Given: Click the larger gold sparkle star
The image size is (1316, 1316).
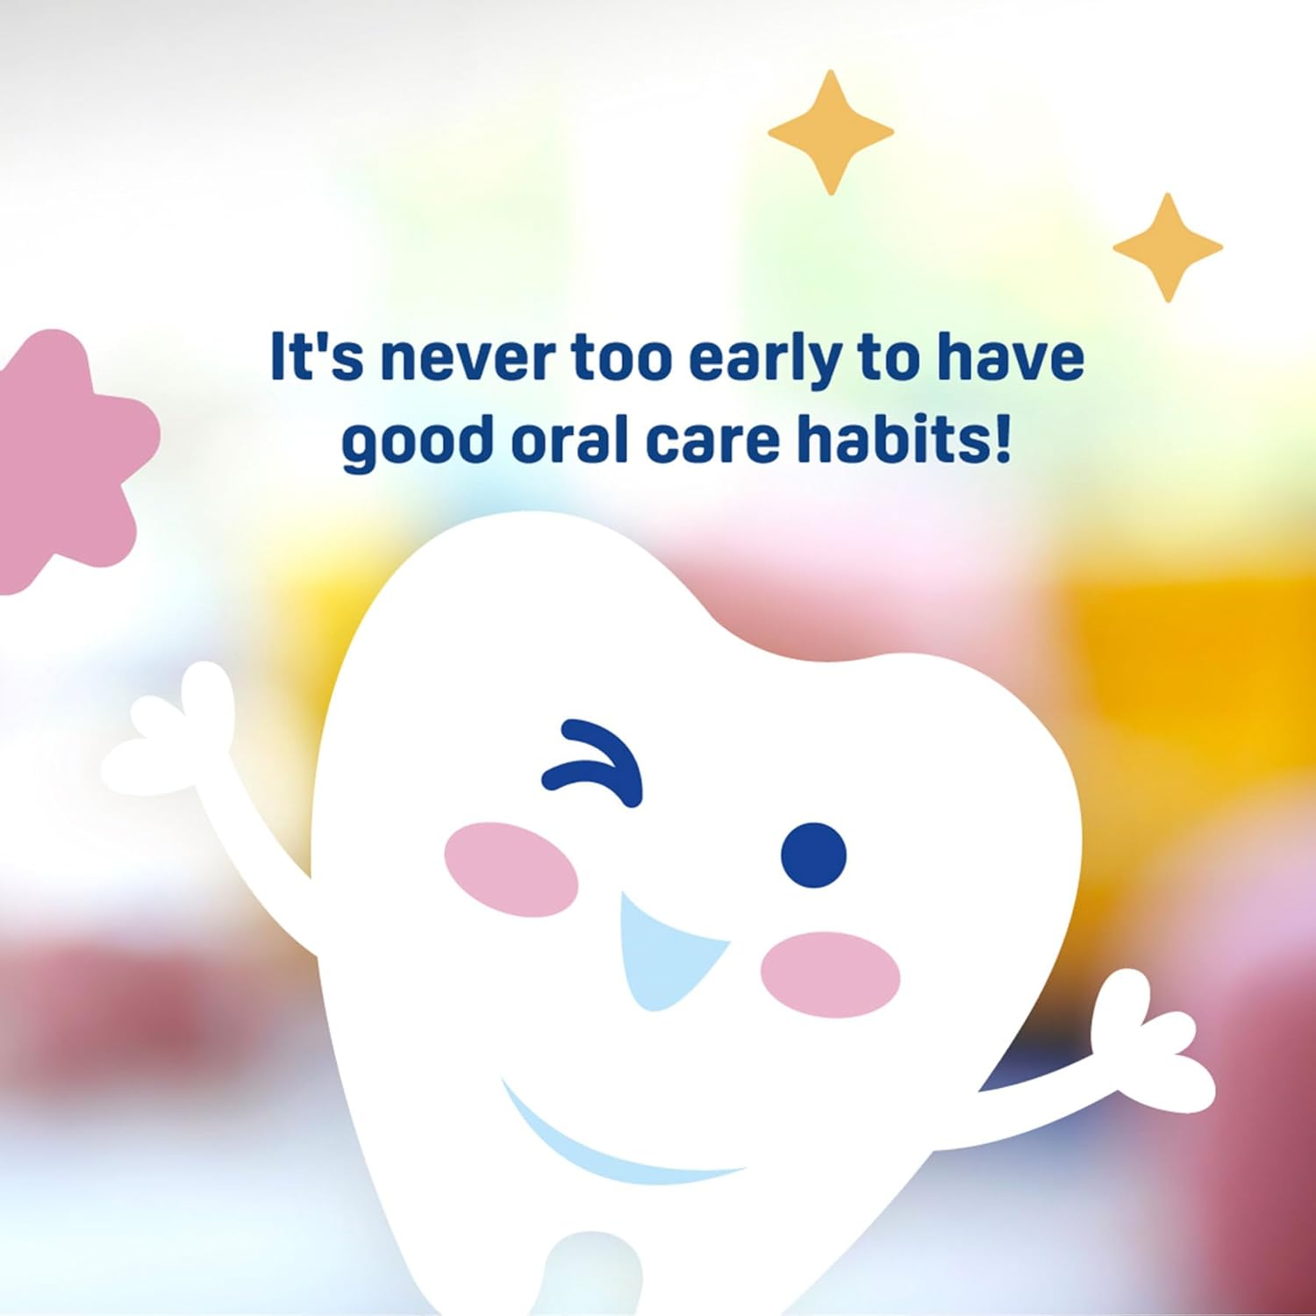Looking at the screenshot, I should point(830,132).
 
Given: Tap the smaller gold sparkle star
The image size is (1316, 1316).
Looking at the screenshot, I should point(1167,247).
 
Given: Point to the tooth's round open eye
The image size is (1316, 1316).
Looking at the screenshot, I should point(813,855).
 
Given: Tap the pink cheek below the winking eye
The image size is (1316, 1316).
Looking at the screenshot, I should point(511,869).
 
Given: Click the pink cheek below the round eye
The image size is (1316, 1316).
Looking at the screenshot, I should point(830,974).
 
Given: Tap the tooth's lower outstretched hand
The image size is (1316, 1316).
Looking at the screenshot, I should point(1149,1044).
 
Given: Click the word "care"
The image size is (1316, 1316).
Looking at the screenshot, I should point(712,441).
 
